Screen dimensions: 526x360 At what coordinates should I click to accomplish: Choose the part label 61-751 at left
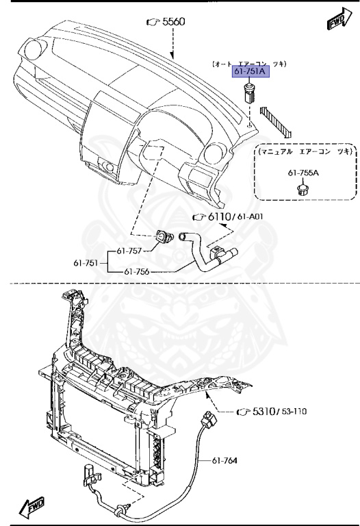(x=86, y=262)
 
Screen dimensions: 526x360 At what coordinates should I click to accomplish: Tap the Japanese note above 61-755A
(x=303, y=151)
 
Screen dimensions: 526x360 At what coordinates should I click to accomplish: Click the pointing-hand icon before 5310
(x=242, y=412)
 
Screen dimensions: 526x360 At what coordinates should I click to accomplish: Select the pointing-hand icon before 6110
(x=199, y=216)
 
